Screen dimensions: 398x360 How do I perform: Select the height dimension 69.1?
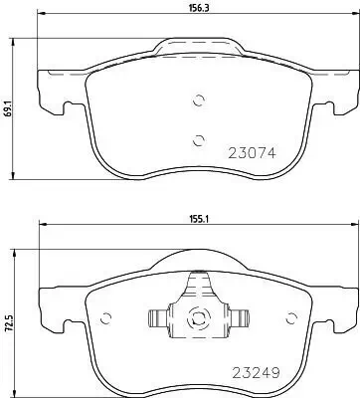[x=9, y=108]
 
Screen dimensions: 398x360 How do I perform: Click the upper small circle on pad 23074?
[x=198, y=99]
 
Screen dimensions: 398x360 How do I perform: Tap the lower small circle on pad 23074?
[x=198, y=139]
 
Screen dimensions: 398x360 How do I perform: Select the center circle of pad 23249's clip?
[x=197, y=320]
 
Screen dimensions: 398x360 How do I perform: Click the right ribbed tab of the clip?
[x=239, y=320]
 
